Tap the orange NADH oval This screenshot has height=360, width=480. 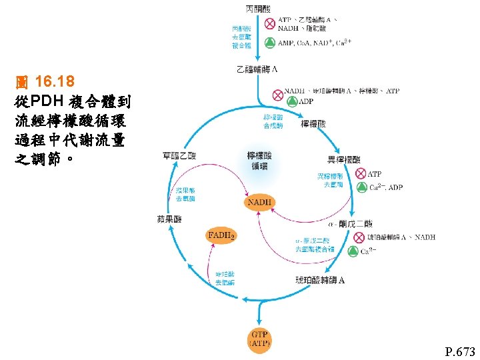click(260, 202)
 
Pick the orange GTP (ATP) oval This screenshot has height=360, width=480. click(259, 338)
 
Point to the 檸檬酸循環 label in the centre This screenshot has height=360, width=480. click(260, 160)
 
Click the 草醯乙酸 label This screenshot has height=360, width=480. click(179, 156)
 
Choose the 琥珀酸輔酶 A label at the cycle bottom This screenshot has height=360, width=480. click(320, 280)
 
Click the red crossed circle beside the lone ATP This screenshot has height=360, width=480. click(360, 174)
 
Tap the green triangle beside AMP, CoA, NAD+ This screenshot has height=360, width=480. click(269, 42)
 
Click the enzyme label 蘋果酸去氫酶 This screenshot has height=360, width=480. click(185, 194)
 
